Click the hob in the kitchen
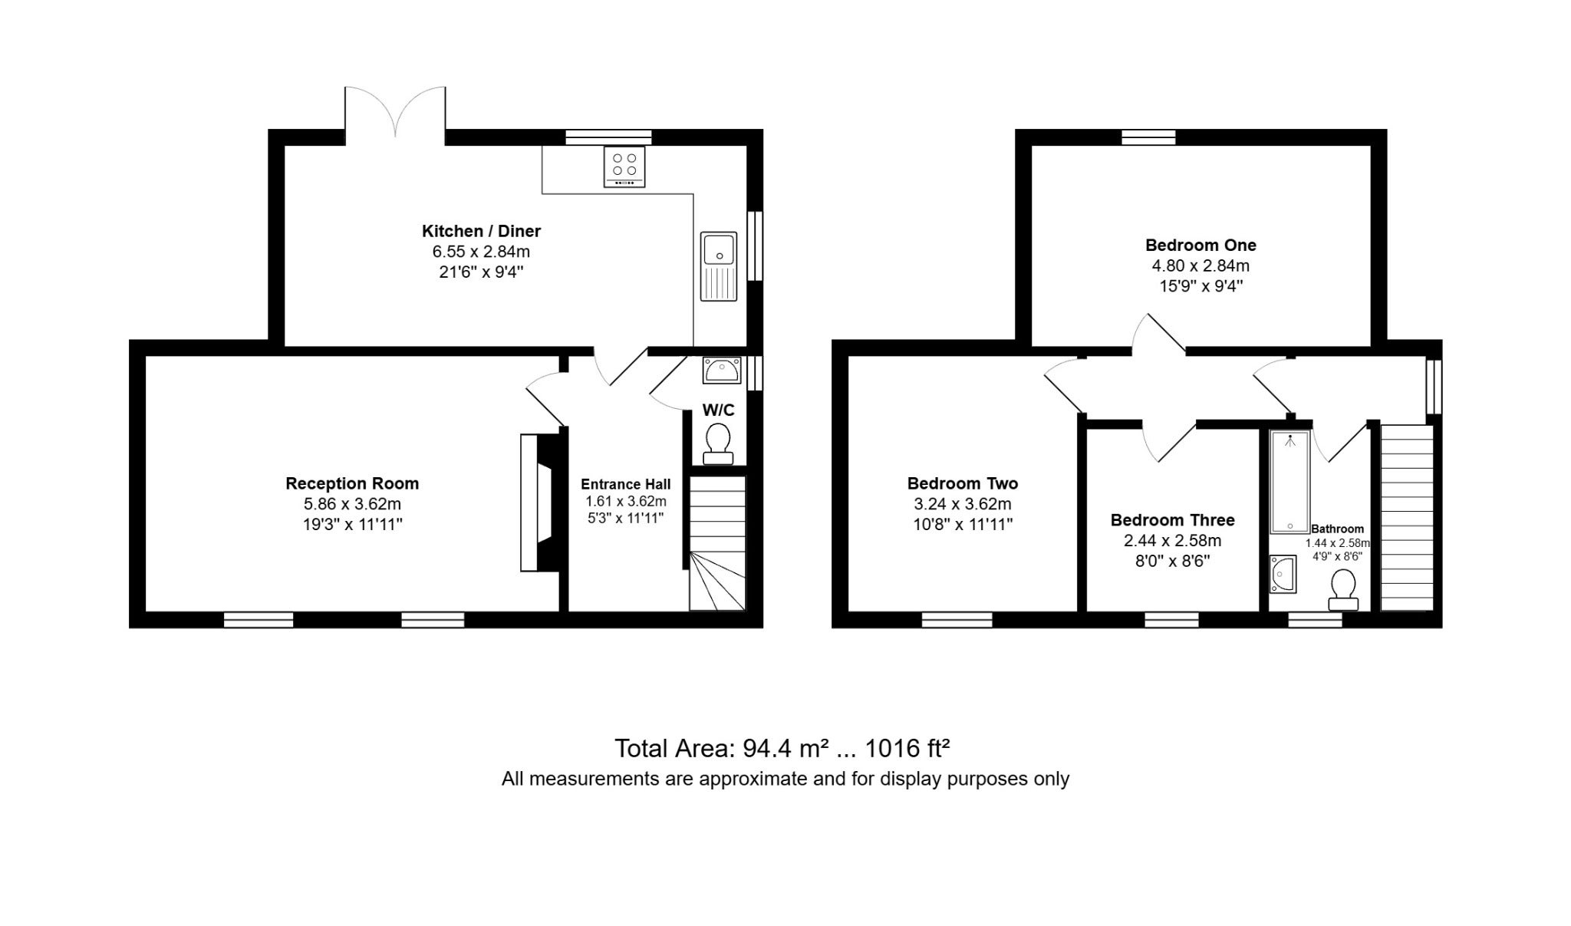[624, 166]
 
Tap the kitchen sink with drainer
[718, 266]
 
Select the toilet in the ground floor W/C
[719, 444]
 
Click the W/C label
[719, 410]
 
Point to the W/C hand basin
[722, 371]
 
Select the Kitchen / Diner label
[481, 231]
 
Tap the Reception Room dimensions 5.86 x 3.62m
[352, 504]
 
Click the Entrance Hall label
[625, 484]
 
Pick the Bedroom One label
[1200, 246]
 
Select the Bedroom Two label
[963, 483]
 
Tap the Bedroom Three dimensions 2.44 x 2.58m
[1173, 541]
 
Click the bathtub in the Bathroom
[1290, 482]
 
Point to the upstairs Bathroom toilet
[1343, 590]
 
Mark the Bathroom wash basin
[1283, 575]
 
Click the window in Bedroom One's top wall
[1148, 137]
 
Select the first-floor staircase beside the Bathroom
[1407, 519]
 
